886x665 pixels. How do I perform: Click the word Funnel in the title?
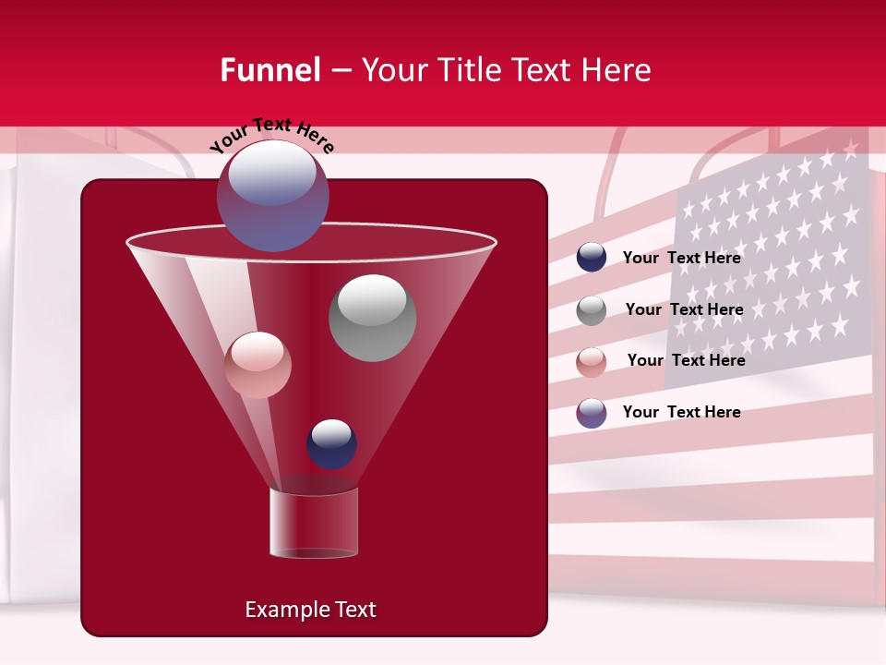269,70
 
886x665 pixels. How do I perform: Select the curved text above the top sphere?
271,136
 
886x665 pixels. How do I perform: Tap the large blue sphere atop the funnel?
272,196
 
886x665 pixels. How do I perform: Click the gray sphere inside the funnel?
372,318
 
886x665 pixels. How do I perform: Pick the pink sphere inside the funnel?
257,365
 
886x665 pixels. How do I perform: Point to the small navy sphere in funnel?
331,444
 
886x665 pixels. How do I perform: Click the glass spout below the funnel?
314,524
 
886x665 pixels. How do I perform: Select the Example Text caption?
310,610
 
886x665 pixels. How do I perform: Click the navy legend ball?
592,258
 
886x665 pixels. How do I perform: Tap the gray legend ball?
592,310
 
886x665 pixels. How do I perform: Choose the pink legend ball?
592,362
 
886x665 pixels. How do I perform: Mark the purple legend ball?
592,413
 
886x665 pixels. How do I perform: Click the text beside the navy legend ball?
681,259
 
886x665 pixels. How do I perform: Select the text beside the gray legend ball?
684,310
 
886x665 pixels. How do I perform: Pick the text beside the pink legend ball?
686,361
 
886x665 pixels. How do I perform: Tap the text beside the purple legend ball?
681,413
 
